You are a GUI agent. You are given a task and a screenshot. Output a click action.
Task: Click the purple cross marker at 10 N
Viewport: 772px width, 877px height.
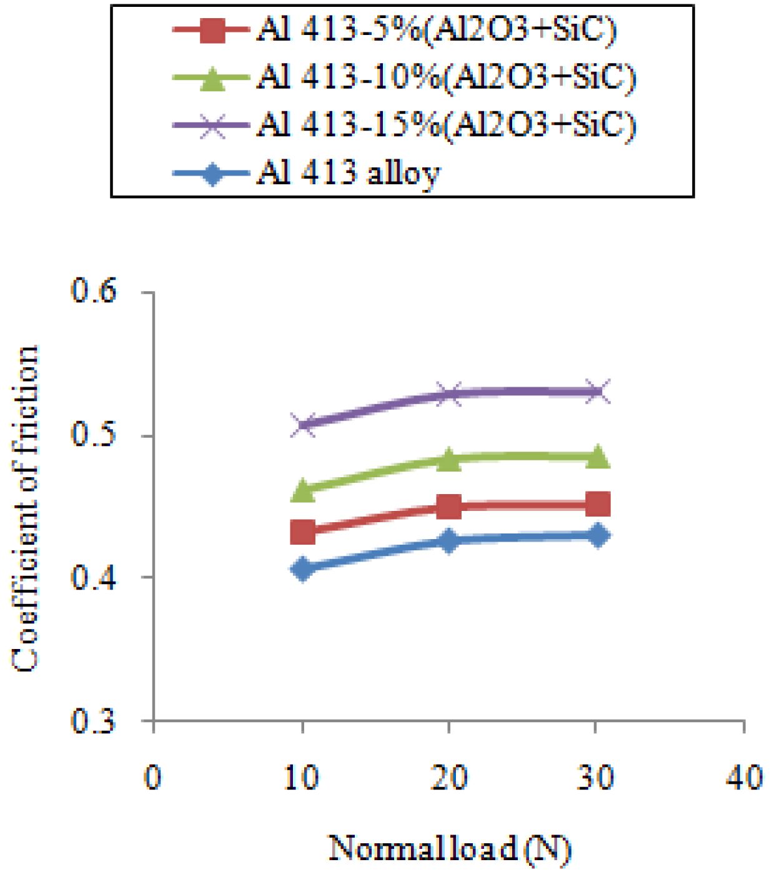304,425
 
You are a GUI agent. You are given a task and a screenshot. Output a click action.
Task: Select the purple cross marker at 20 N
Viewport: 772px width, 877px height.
448,394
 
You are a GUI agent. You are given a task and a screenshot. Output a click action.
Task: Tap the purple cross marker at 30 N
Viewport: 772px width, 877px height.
597,392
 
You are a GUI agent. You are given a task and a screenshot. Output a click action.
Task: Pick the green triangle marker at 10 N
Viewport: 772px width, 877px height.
304,491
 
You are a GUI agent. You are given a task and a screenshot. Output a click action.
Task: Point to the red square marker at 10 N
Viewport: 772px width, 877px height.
304,533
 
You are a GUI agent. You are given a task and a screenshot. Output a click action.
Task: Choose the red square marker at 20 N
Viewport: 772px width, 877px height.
448,507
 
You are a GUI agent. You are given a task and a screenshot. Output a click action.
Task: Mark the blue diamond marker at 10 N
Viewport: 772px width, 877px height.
304,569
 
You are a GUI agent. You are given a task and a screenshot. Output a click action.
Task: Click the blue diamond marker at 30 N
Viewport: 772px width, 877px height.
597,536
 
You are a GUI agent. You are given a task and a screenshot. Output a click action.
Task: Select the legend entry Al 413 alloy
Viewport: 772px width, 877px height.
348,173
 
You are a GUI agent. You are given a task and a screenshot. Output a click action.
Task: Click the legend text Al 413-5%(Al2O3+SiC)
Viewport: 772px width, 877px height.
436,30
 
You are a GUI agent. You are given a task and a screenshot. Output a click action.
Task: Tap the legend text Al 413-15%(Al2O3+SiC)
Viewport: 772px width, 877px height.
446,125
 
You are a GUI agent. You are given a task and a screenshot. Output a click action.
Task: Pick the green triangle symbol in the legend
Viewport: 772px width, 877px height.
212,79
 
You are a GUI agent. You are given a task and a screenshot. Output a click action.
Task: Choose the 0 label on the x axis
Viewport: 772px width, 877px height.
153,778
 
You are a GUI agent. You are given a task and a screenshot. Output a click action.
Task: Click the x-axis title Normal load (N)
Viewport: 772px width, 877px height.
450,849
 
